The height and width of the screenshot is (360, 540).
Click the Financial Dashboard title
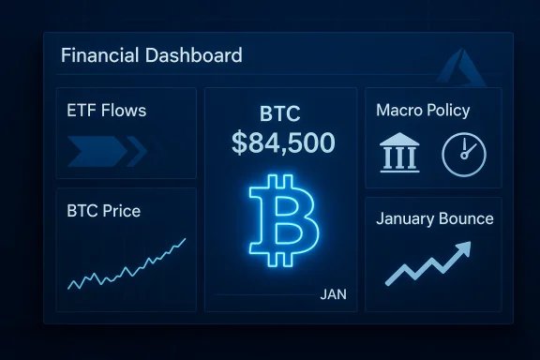point(151,54)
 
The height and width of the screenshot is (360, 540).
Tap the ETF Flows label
point(107,112)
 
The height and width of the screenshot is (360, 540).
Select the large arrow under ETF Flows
point(96,148)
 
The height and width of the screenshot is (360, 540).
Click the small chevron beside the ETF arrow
point(138,148)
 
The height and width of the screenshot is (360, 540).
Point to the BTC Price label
point(104,211)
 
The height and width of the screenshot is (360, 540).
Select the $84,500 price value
point(281,143)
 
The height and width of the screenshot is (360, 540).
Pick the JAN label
point(333,294)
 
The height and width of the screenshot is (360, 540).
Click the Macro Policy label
point(423,111)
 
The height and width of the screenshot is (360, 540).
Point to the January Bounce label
point(434,219)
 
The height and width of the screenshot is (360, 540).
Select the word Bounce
point(465,219)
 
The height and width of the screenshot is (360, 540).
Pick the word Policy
point(447,111)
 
